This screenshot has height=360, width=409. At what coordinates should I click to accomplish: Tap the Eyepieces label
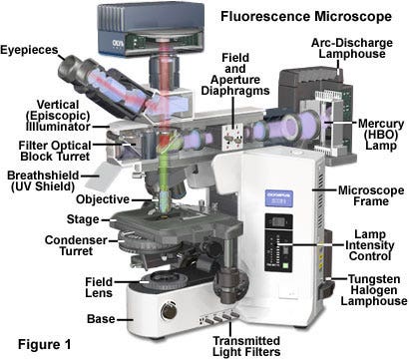point(29,47)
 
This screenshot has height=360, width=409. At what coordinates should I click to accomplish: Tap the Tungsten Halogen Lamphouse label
point(370,290)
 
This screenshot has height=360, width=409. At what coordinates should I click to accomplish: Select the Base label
point(99,319)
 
